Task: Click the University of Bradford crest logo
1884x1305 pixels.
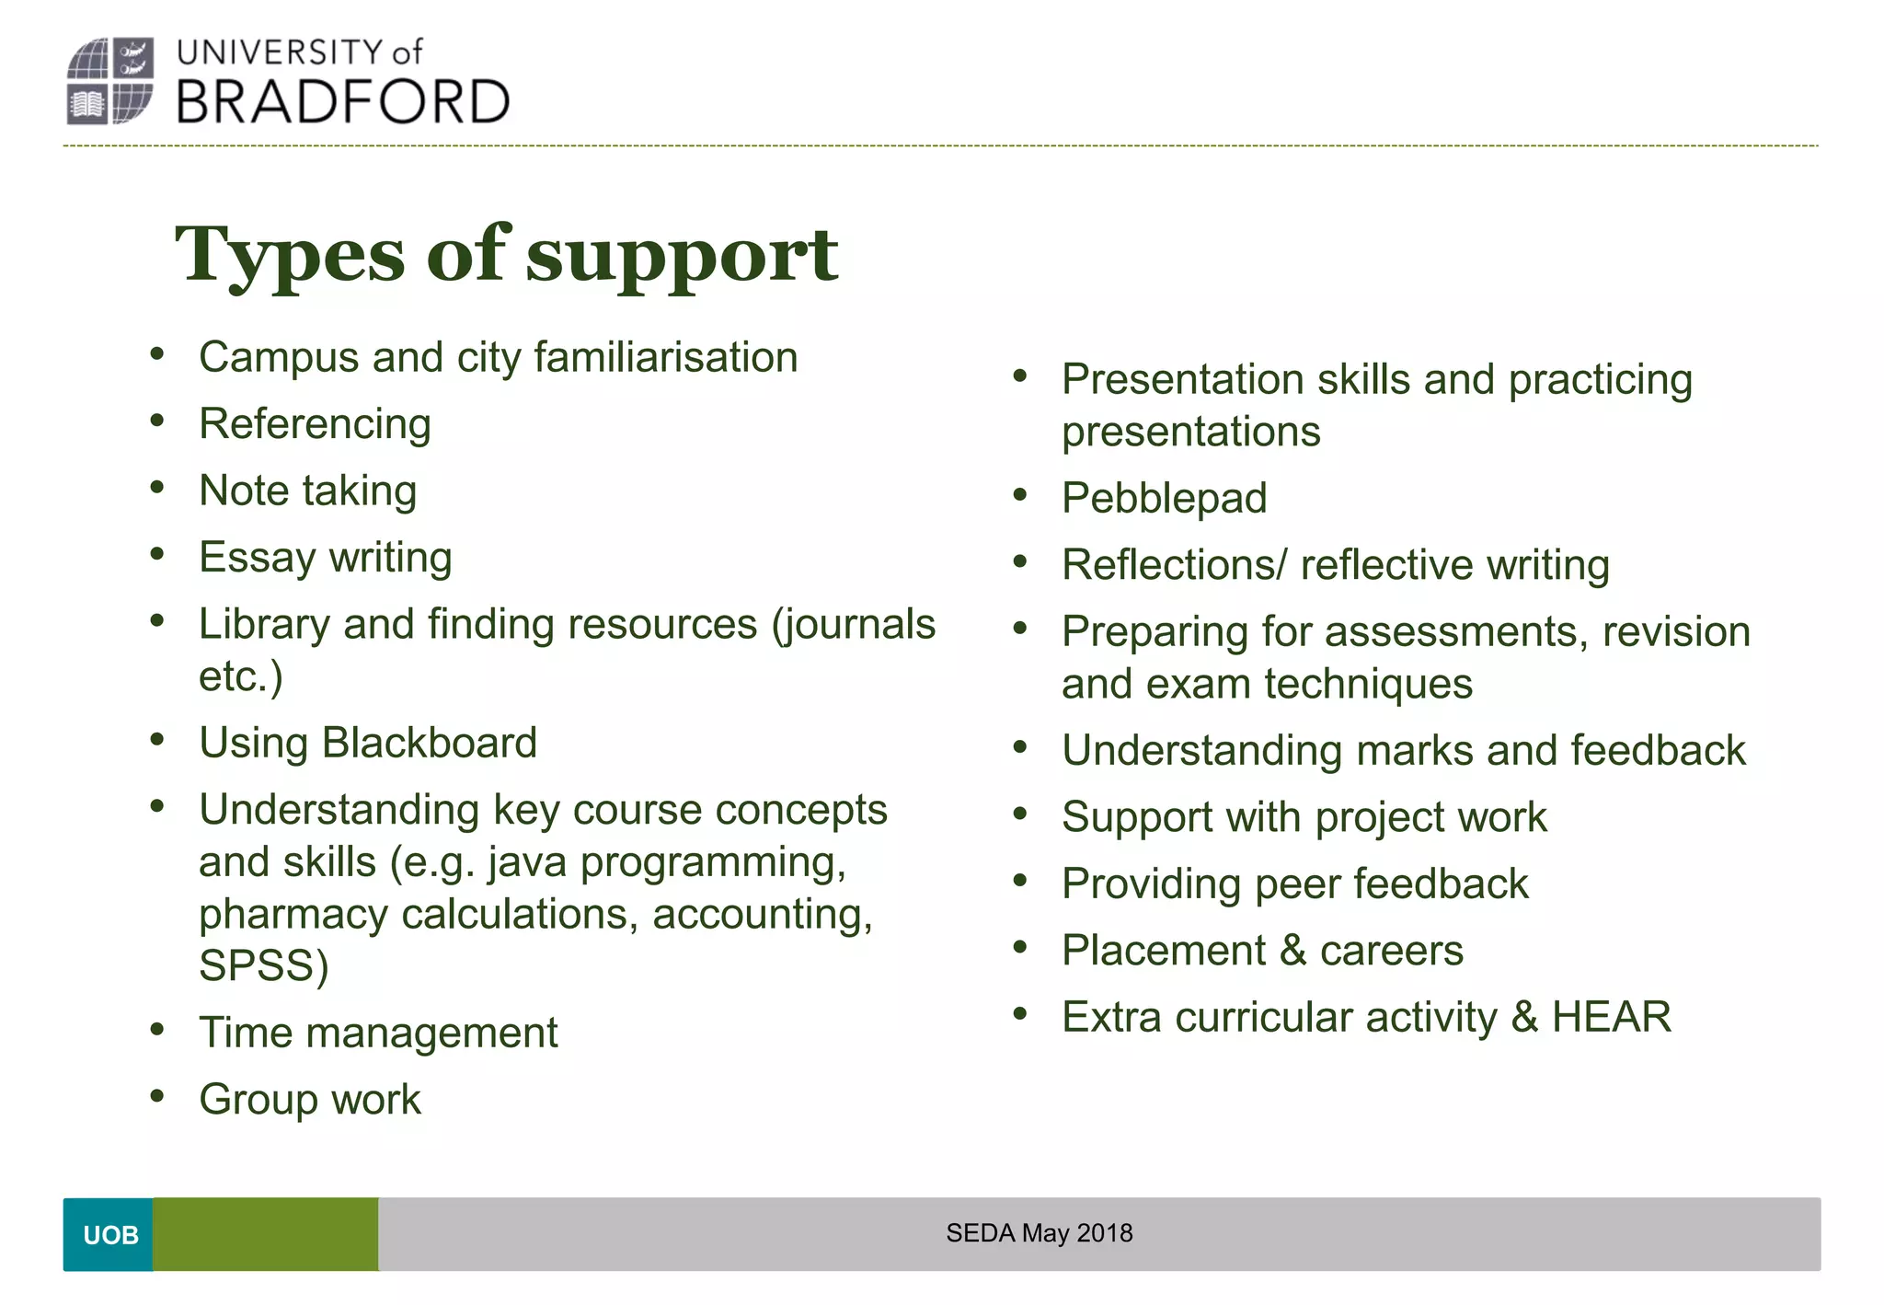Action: pyautogui.click(x=109, y=81)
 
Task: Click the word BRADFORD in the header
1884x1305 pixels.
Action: pyautogui.click(x=342, y=102)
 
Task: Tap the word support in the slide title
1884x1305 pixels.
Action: pyautogui.click(x=681, y=256)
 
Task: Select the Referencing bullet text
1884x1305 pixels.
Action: pyautogui.click(x=315, y=424)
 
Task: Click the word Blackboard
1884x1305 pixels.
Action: pyautogui.click(x=429, y=743)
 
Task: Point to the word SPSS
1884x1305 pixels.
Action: pyautogui.click(x=263, y=966)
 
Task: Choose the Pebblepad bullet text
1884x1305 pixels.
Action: pyautogui.click(x=1164, y=499)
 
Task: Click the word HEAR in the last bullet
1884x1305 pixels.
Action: pyautogui.click(x=1611, y=1017)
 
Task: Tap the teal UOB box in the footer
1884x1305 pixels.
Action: pyautogui.click(x=109, y=1234)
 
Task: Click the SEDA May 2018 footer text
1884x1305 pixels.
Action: pyautogui.click(x=1039, y=1233)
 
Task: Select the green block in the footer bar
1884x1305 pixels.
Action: pyautogui.click(x=265, y=1234)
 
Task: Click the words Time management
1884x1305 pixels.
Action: pyautogui.click(x=378, y=1033)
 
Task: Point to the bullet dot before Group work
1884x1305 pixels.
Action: pyautogui.click(x=157, y=1096)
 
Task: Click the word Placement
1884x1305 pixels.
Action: pyautogui.click(x=1164, y=951)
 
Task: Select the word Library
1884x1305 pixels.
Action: pyautogui.click(x=264, y=625)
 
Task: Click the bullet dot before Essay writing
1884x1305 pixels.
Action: pyautogui.click(x=157, y=554)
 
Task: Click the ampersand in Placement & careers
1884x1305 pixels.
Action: pyautogui.click(x=1292, y=951)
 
